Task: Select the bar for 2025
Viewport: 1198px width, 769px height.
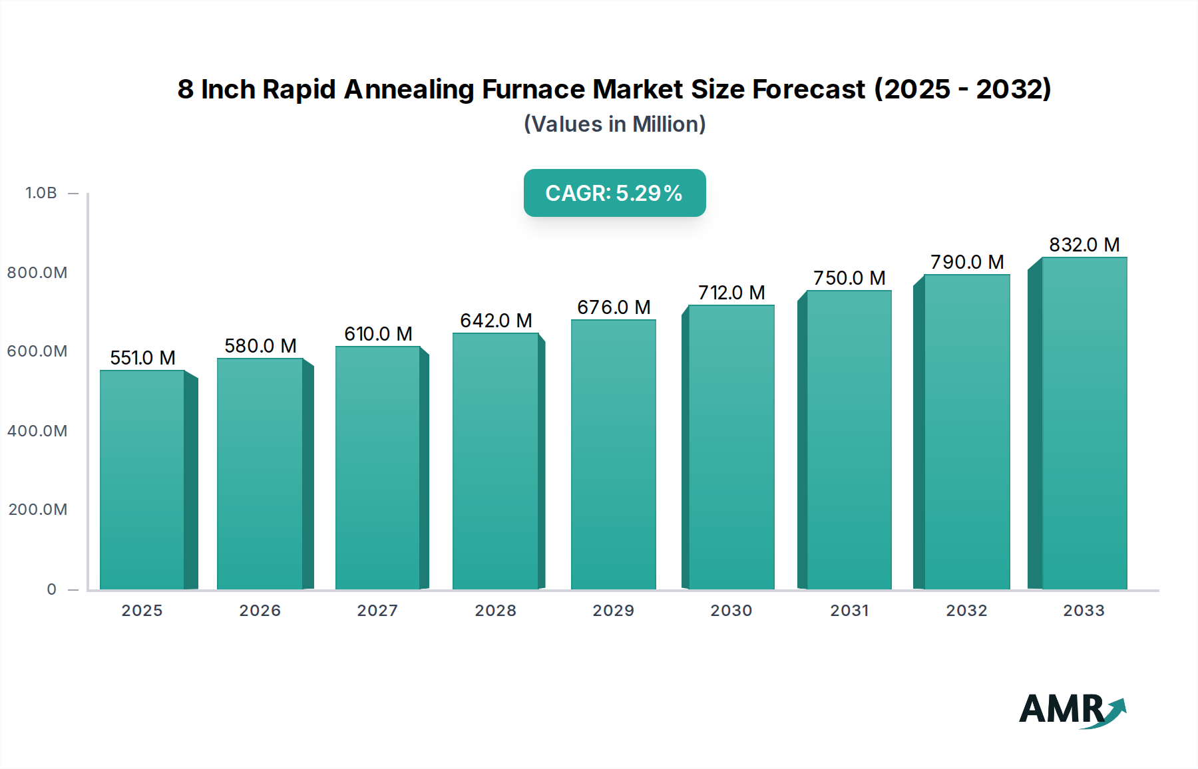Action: (x=142, y=479)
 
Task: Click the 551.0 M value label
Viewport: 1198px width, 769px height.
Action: (x=142, y=358)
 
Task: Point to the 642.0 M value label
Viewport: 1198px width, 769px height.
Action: (x=496, y=321)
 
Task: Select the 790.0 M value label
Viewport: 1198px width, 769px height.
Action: (x=966, y=262)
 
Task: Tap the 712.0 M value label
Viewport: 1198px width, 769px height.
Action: (x=731, y=293)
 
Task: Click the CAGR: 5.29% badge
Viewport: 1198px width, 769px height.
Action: (x=614, y=193)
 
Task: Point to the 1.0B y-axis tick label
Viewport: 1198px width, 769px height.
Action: (x=41, y=193)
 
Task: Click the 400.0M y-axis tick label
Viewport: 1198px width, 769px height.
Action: (x=37, y=431)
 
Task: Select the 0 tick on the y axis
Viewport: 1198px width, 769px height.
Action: (x=52, y=589)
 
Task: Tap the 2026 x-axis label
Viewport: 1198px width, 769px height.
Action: (x=260, y=611)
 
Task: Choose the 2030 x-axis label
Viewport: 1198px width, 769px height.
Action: (x=731, y=611)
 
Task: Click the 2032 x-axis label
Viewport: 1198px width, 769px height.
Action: (x=966, y=611)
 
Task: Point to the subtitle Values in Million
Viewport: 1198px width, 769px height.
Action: (x=614, y=124)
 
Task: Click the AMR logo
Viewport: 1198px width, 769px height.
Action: (x=1072, y=710)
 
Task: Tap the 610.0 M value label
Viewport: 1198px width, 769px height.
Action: (x=378, y=334)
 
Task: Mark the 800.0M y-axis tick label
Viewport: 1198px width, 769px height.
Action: (x=37, y=273)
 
